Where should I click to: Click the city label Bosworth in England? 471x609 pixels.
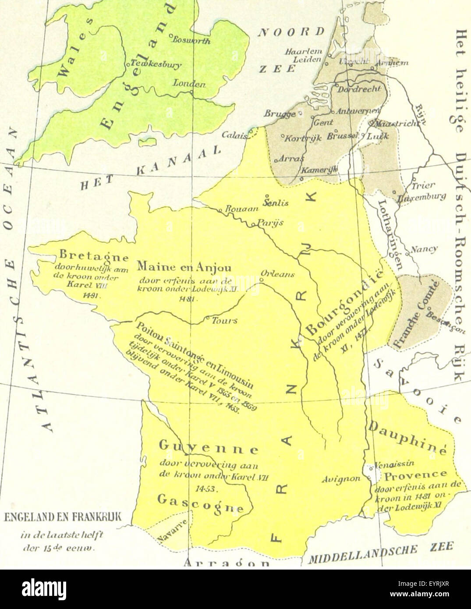[191, 40]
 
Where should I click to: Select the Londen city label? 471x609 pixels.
[189, 83]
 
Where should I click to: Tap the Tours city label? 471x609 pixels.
[224, 320]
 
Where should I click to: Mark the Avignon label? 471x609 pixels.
[340, 479]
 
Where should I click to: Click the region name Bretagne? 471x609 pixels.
[94, 256]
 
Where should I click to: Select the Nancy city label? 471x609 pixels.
[424, 249]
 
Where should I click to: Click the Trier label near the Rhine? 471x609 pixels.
[424, 185]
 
